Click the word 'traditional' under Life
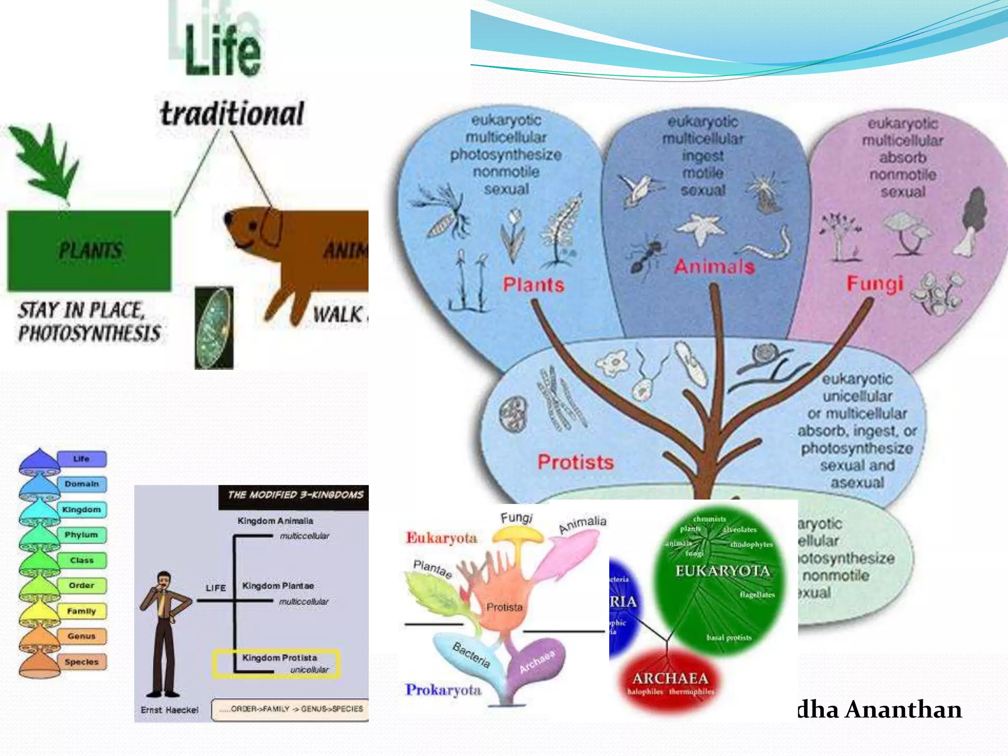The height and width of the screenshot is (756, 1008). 232,114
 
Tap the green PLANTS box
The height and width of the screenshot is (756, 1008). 90,251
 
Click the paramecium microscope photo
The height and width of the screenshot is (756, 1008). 214,328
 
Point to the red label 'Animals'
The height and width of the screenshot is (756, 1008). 714,267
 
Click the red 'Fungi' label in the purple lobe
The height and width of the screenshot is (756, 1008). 875,283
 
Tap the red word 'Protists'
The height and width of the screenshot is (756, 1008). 575,462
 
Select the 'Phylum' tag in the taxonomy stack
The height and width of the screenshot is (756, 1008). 82,535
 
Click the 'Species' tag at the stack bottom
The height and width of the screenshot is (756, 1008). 82,662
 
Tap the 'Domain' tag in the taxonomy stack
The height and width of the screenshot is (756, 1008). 82,484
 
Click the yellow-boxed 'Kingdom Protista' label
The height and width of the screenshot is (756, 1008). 279,658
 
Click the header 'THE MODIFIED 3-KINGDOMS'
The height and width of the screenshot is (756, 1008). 295,495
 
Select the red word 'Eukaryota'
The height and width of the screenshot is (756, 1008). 441,538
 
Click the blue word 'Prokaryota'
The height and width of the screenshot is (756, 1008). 443,690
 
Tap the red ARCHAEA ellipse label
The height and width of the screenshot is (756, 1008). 670,679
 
